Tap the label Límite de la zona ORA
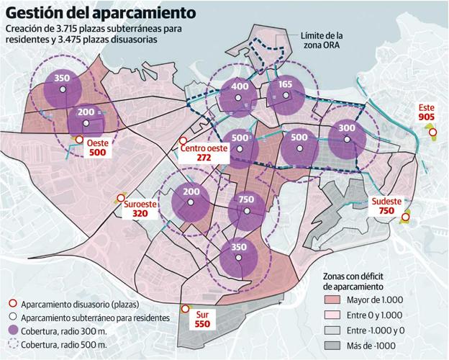[321, 40]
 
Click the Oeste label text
[97, 143]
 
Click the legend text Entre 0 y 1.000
[376, 315]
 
